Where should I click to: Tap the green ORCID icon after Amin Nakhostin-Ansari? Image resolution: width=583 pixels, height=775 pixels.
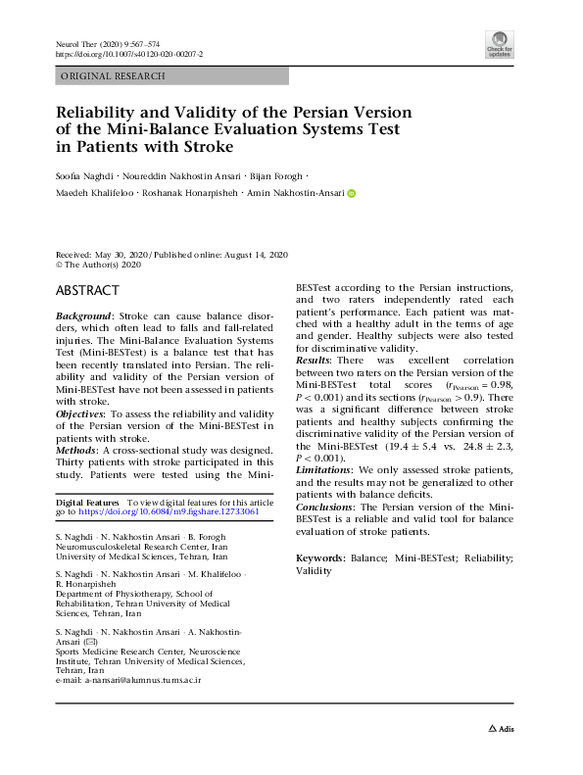[351, 193]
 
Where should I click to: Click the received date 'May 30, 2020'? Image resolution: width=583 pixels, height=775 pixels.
[121, 253]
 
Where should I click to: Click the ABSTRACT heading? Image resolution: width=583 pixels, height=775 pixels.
[87, 291]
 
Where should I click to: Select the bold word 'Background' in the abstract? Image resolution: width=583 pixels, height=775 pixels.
[82, 317]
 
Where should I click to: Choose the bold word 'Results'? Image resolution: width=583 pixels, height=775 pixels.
[315, 362]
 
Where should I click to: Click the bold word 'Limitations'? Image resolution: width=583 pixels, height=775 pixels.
[325, 470]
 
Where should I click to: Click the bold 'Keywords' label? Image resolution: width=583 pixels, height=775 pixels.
[320, 557]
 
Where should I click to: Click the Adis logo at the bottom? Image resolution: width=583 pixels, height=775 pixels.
[501, 729]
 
